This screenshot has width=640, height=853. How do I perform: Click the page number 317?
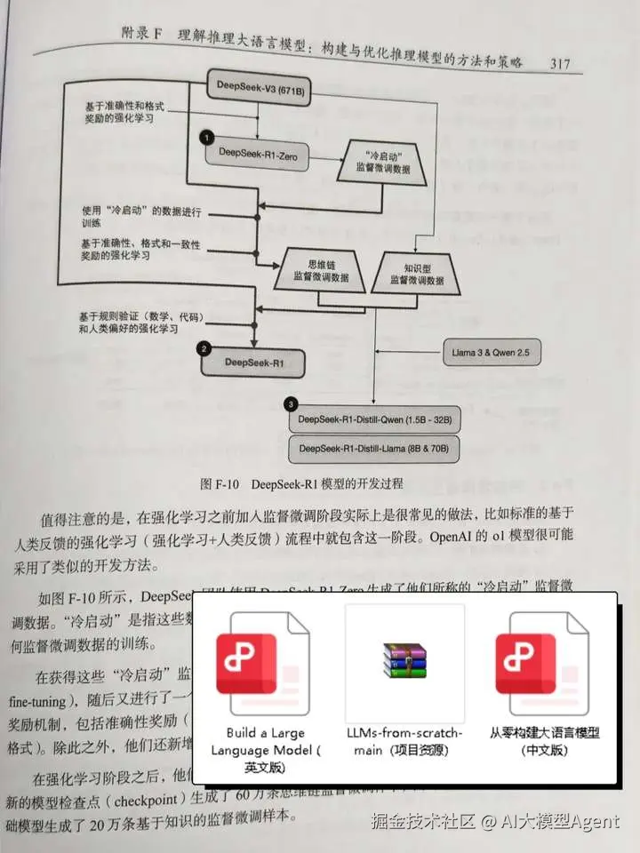click(x=566, y=63)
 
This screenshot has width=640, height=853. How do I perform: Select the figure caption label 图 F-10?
click(x=220, y=484)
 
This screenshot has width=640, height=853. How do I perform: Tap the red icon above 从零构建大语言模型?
click(x=545, y=658)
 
